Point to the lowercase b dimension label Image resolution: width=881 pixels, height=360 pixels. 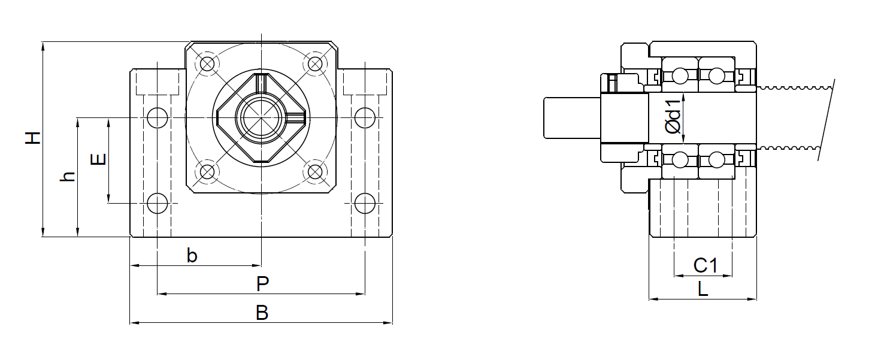pyautogui.click(x=192, y=256)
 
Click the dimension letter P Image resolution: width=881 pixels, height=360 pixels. pyautogui.click(x=262, y=284)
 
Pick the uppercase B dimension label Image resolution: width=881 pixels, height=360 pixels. pyautogui.click(x=262, y=313)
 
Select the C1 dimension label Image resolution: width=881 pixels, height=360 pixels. pyautogui.click(x=705, y=265)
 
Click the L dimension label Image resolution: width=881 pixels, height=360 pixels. pyautogui.click(x=703, y=290)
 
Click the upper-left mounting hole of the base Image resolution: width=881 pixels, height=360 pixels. pyautogui.click(x=158, y=117)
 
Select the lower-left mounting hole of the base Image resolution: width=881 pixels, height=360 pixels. pyautogui.click(x=158, y=204)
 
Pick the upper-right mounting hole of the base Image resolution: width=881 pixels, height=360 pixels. pyautogui.click(x=364, y=117)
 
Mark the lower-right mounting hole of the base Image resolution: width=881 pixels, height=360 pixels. pyautogui.click(x=364, y=204)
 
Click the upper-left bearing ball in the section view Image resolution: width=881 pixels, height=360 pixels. pyautogui.click(x=680, y=76)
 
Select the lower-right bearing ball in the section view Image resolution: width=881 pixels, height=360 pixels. pyautogui.click(x=716, y=160)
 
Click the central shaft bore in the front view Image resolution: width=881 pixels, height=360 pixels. pyautogui.click(x=261, y=117)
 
